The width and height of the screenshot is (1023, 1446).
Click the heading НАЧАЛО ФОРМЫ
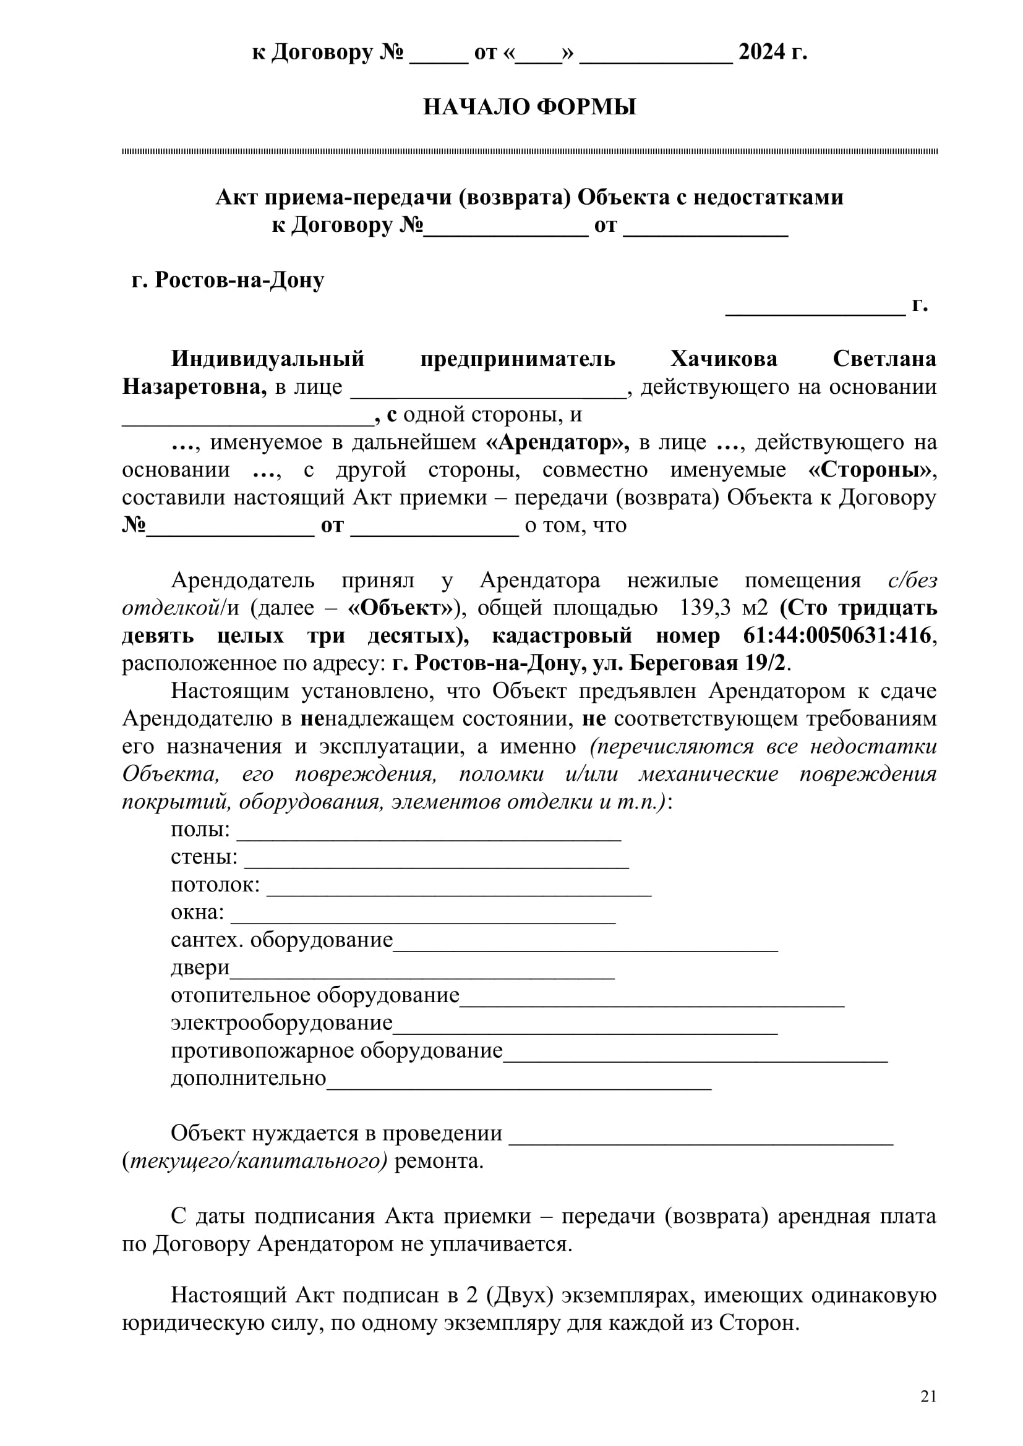(529, 107)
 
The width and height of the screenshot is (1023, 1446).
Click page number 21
(928, 1397)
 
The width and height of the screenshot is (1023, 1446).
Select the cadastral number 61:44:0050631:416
(837, 636)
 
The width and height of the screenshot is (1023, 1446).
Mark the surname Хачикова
(723, 359)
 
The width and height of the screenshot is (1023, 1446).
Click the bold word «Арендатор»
(557, 442)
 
